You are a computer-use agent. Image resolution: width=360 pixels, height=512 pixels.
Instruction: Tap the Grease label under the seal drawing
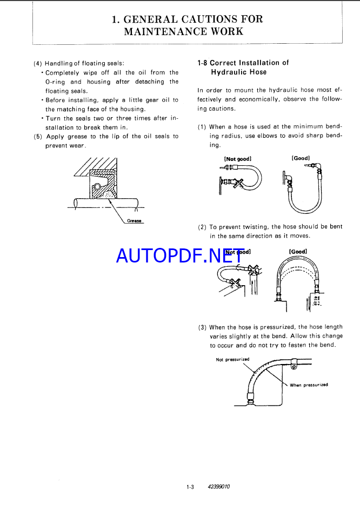click(134, 221)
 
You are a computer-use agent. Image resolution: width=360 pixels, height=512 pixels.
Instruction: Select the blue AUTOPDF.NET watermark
click(180, 255)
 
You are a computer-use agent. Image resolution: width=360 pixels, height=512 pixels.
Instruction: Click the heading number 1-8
click(202, 63)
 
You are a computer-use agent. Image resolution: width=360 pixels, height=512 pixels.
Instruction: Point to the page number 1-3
click(190, 487)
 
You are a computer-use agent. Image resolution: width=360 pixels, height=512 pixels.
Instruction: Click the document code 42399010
click(218, 487)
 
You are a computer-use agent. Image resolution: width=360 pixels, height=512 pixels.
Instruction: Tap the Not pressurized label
click(232, 360)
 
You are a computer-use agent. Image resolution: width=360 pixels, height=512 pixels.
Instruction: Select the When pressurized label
click(309, 385)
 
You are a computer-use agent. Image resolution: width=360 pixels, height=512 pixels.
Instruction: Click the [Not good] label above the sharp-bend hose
click(237, 159)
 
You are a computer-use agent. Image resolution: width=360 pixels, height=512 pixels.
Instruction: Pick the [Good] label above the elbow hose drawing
click(301, 158)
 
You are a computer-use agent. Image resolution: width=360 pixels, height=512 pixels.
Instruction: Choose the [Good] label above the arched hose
click(298, 252)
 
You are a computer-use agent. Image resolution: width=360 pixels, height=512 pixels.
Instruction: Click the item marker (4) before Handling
click(38, 63)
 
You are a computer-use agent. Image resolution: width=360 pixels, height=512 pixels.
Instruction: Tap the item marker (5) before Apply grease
click(38, 137)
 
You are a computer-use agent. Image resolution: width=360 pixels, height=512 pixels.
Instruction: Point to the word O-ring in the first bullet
click(55, 82)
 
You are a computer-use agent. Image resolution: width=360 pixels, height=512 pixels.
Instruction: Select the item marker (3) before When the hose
click(202, 327)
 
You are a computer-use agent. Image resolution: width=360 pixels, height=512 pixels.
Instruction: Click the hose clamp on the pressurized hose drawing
click(294, 363)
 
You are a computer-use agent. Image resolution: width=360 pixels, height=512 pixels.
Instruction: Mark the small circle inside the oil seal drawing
click(97, 187)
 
